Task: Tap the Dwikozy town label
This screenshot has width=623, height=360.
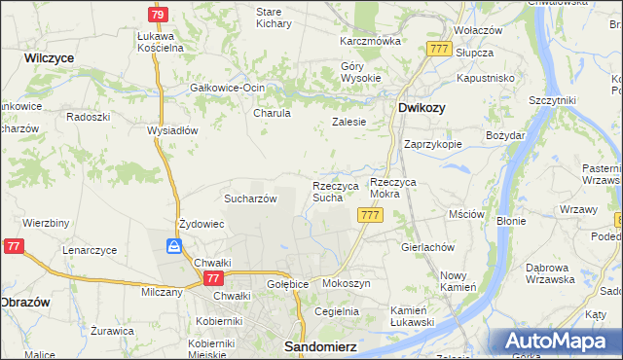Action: pos(422,108)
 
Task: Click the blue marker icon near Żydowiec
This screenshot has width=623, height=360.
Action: pos(173,247)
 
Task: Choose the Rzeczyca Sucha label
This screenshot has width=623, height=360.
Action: pos(335,192)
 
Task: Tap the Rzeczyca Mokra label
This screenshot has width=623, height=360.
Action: pos(399,188)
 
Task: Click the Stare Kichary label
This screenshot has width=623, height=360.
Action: pos(274,18)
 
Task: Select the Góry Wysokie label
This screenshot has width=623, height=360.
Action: pos(359,72)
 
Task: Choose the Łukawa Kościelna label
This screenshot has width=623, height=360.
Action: pos(162,41)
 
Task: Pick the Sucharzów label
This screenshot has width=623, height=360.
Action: pos(251,198)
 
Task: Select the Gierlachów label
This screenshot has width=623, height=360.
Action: pos(428,247)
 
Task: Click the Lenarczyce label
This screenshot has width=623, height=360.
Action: pos(90,250)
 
